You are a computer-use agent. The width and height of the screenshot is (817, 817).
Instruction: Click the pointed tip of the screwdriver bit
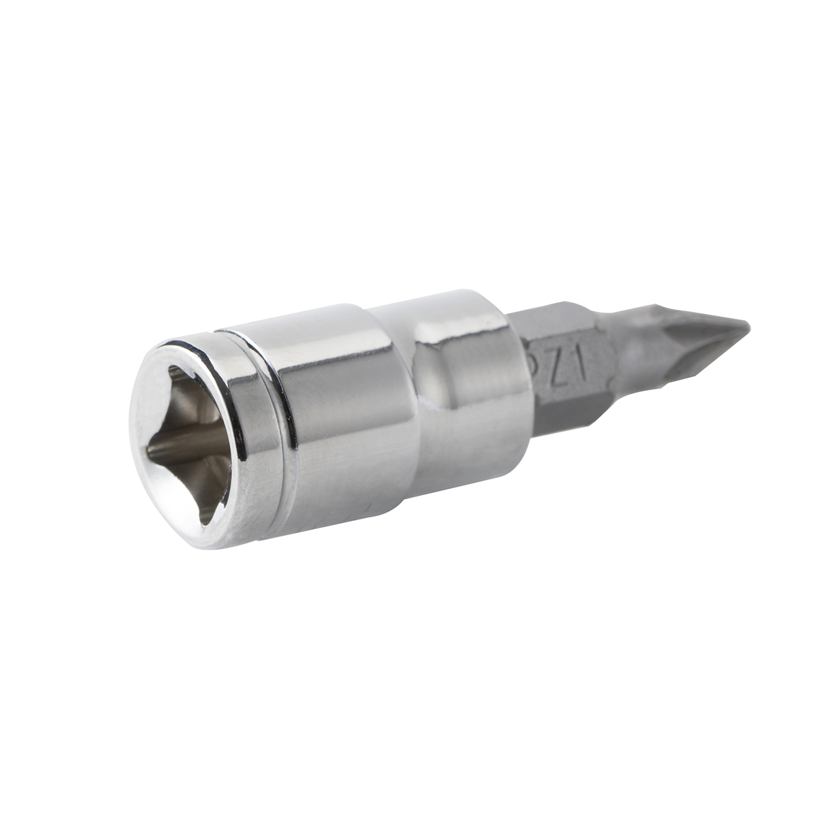point(747,326)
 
